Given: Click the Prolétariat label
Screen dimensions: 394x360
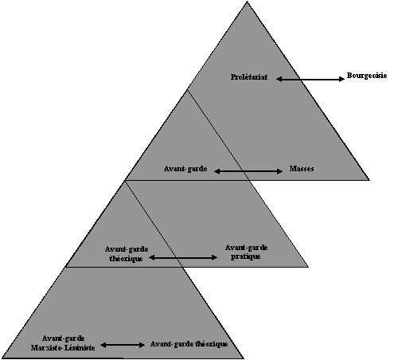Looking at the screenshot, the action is (x=249, y=77).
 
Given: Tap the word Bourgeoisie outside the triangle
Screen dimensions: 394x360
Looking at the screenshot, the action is (x=367, y=76).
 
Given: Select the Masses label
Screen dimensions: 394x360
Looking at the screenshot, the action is (x=302, y=169).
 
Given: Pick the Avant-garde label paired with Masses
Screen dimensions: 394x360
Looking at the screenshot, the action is (x=185, y=169).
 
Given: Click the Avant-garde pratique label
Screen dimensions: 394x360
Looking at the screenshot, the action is (x=246, y=252).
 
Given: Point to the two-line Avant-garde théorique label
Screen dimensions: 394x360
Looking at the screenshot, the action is (x=127, y=254).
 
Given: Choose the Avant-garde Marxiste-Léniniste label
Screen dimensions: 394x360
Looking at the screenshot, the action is (x=63, y=343).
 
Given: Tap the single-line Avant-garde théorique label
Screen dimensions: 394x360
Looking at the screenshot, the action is (x=189, y=344).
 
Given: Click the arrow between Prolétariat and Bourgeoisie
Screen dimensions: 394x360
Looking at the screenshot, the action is (x=310, y=79).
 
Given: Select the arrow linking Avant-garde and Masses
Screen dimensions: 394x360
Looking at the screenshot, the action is (x=248, y=171).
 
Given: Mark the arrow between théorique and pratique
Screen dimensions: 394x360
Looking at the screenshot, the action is (x=183, y=257).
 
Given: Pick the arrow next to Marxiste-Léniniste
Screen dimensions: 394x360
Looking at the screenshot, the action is (x=123, y=345).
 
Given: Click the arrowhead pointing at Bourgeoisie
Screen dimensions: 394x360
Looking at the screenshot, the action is (x=341, y=79).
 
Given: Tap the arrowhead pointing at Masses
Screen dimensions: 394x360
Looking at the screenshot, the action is (x=280, y=171).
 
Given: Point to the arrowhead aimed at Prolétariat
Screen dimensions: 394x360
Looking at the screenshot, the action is (x=279, y=79).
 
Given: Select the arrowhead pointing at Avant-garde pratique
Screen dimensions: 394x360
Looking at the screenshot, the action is (x=215, y=257).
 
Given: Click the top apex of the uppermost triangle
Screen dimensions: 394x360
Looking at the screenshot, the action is (x=247, y=2).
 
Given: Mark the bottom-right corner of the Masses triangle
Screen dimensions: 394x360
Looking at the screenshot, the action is (x=369, y=180).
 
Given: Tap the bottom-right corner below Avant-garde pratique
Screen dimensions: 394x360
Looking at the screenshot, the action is (x=308, y=267).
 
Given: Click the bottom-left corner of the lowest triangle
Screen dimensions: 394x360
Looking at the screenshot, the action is (x=2, y=358).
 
